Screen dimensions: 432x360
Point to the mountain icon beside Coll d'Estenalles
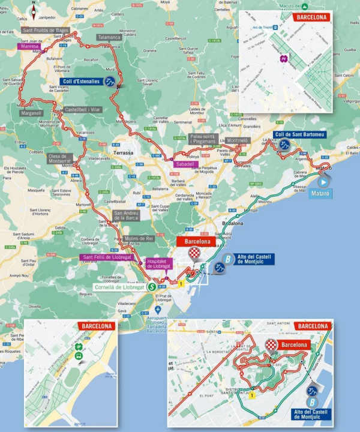pyautogui.click(x=110, y=82)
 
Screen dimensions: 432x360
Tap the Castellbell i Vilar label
pyautogui.click(x=83, y=110)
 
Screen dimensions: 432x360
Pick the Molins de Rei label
pyautogui.click(x=139, y=239)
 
